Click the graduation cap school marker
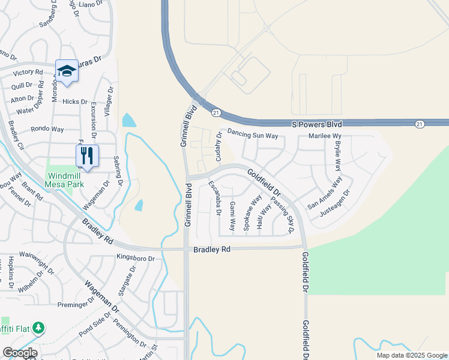tap(67, 71)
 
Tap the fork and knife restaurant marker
tap(87, 156)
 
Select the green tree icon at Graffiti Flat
tap(39, 328)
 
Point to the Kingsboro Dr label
tap(135, 258)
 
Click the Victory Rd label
tap(31, 72)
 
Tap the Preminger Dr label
tap(76, 304)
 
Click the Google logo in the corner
tap(20, 353)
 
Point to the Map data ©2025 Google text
tap(412, 355)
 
